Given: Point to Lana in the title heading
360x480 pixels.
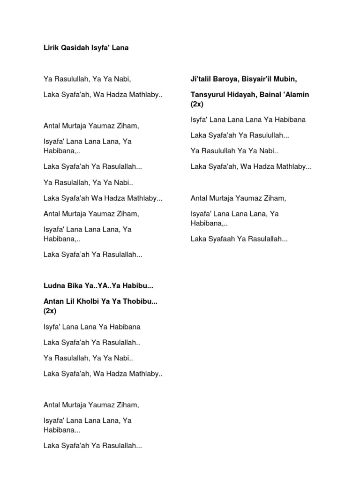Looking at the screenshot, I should (120, 48).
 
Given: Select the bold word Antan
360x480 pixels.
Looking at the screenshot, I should (53, 302).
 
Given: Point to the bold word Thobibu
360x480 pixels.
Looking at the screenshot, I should (139, 302).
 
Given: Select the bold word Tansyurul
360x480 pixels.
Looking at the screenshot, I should (208, 95).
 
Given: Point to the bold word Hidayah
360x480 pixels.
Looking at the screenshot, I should (246, 95).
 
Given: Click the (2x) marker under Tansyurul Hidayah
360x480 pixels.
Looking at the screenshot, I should (197, 104).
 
